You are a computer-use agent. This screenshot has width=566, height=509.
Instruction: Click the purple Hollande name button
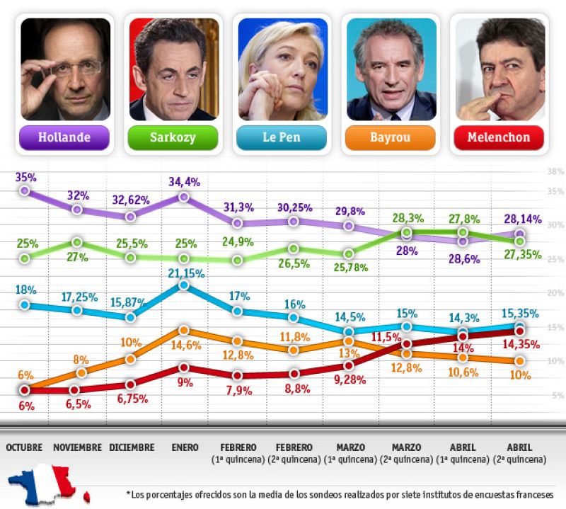tap(65, 137)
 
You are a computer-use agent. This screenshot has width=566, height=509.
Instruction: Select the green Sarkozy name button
tap(173, 137)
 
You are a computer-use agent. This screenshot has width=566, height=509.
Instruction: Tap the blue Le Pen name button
tap(282, 137)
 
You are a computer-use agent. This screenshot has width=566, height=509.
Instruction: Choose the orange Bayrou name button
tap(391, 137)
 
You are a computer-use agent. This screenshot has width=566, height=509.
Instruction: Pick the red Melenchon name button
tap(499, 137)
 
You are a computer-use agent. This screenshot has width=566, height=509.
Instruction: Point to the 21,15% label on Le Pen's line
tap(185, 273)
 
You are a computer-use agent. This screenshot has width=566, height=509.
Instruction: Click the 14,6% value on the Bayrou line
tap(185, 346)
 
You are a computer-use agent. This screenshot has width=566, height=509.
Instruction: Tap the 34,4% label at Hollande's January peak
tap(183, 183)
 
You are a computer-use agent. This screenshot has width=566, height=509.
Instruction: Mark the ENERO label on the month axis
tap(185, 447)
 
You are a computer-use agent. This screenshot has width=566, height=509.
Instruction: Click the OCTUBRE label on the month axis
tap(24, 447)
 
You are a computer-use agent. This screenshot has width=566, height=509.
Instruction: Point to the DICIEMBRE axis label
tap(132, 447)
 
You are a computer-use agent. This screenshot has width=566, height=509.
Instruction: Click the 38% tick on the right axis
tap(555, 171)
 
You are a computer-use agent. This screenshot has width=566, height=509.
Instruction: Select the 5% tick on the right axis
tap(557, 396)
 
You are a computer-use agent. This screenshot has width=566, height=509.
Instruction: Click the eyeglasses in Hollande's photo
tap(67, 69)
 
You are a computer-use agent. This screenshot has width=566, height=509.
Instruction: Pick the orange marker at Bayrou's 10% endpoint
tap(519, 361)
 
